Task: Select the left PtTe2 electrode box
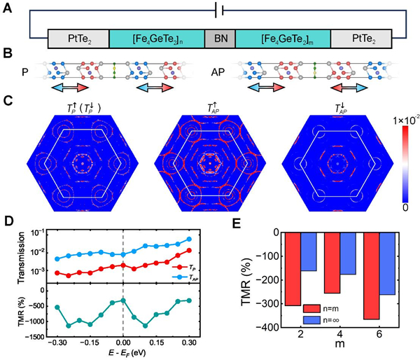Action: (x=78, y=39)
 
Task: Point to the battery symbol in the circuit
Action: (x=221, y=11)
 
